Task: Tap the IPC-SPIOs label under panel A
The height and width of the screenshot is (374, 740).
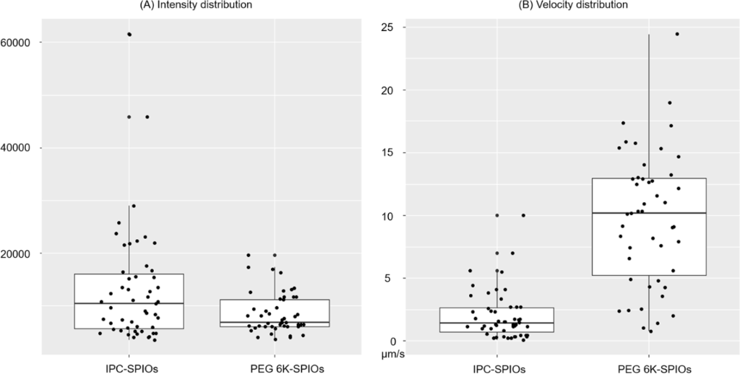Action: pos(129,368)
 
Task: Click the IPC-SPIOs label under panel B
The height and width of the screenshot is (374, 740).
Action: pos(497,368)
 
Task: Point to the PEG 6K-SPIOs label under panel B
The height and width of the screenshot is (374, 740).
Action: pos(649,368)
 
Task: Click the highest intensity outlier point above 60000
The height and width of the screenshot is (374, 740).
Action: pos(129,34)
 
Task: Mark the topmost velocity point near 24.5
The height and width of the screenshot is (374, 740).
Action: pos(677,34)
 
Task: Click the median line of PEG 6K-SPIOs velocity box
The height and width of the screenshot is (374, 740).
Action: pos(649,213)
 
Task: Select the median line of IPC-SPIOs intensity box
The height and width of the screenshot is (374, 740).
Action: pos(129,303)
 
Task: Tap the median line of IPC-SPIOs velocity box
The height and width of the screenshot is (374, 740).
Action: pos(497,323)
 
